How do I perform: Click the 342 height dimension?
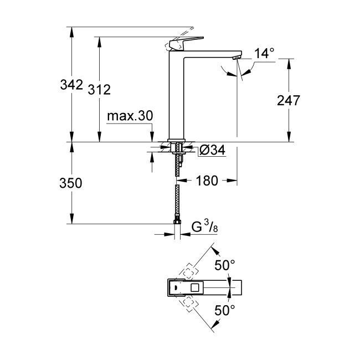(71, 85)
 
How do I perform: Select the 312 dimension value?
(100, 90)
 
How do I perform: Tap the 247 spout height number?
(289, 100)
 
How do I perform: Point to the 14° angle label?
(264, 54)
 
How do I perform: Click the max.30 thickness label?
(130, 116)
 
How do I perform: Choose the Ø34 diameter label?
(212, 150)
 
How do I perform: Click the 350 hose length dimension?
(70, 183)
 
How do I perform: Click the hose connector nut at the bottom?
(177, 223)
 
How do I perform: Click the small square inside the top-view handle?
(194, 287)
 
